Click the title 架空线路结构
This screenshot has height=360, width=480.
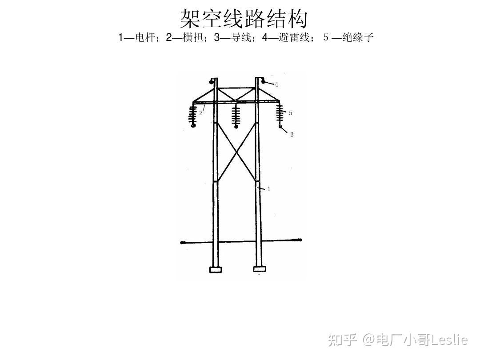pyautogui.click(x=244, y=19)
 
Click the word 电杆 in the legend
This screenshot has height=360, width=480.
pyautogui.click(x=144, y=38)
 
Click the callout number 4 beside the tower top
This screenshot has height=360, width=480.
pyautogui.click(x=276, y=84)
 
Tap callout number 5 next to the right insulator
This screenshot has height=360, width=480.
pyautogui.click(x=291, y=113)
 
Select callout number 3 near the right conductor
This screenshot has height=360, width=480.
pyautogui.click(x=292, y=135)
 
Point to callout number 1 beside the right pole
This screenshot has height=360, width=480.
pyautogui.click(x=269, y=189)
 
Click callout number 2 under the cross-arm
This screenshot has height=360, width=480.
pyautogui.click(x=201, y=113)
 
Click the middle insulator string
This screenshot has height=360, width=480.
pyautogui.click(x=236, y=116)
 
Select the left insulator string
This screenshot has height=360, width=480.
pyautogui.click(x=193, y=116)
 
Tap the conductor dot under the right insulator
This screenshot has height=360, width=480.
pyautogui.click(x=280, y=127)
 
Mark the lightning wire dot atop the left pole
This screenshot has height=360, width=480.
pyautogui.click(x=210, y=81)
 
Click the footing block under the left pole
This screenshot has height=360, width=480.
pyautogui.click(x=216, y=269)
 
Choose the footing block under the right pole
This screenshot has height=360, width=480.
pyautogui.click(x=260, y=269)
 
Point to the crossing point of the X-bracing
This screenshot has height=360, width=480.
pyautogui.click(x=236, y=152)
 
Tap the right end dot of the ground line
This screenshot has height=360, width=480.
pyautogui.click(x=300, y=240)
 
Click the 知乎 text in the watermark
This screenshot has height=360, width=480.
pyautogui.click(x=343, y=340)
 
